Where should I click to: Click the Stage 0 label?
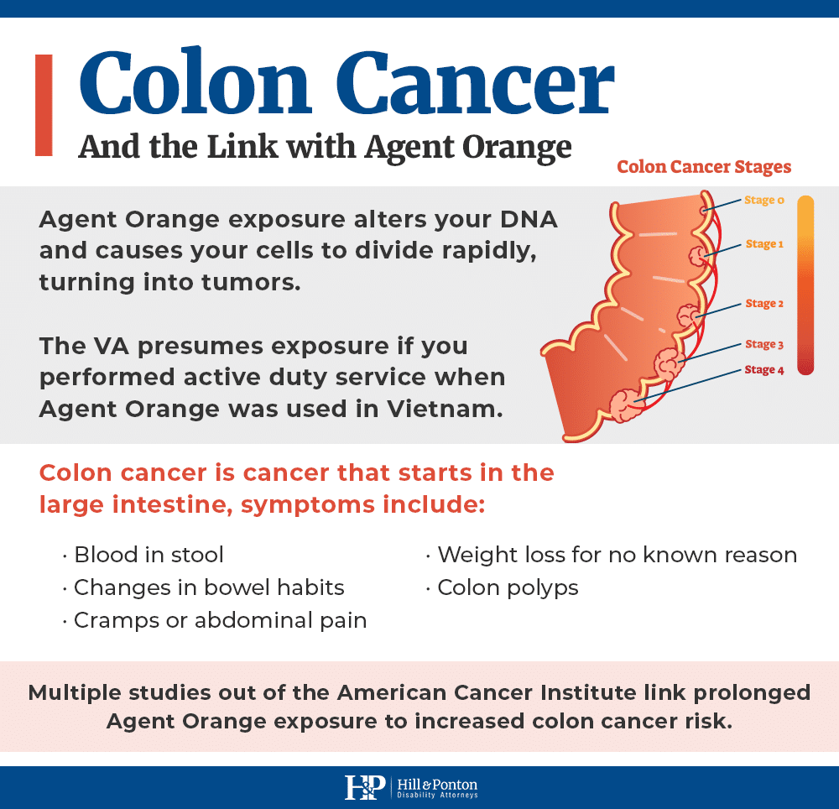tap(764, 200)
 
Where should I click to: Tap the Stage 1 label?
tap(764, 244)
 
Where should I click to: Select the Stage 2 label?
tap(764, 304)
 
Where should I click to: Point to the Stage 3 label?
tap(764, 344)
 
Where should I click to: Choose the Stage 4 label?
tap(764, 370)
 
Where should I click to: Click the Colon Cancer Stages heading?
tap(704, 167)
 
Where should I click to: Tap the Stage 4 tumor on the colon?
tap(624, 405)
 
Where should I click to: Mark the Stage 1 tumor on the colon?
tap(697, 256)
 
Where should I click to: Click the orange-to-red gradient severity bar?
tap(805, 285)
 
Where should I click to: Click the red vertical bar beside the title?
tap(44, 105)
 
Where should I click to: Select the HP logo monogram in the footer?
tap(365, 787)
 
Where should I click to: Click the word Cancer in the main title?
tap(475, 82)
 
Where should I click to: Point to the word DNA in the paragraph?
tap(529, 219)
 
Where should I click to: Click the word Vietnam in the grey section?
tap(445, 410)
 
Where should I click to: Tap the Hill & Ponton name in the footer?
tap(437, 785)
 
